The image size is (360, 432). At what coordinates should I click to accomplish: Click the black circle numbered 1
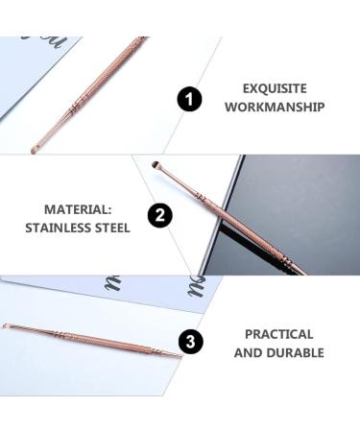190,99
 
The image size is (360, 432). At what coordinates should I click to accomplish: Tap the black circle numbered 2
160,216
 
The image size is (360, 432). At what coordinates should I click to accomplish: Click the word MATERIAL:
76,208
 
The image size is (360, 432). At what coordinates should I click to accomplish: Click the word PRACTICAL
278,334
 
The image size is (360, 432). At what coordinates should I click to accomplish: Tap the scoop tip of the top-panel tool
36,149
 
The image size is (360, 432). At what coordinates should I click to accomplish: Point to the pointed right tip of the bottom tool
179,359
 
